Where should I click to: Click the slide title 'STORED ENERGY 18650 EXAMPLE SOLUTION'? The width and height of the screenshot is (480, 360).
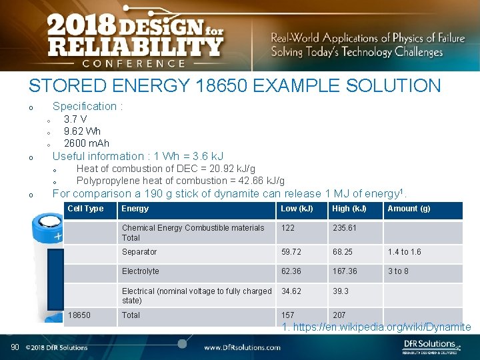pyautogui.click(x=234, y=86)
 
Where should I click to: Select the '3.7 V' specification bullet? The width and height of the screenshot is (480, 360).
pyautogui.click(x=75, y=119)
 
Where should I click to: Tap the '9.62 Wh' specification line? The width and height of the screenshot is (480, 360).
pyautogui.click(x=82, y=131)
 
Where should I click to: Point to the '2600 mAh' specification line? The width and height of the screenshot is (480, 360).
pyautogui.click(x=86, y=143)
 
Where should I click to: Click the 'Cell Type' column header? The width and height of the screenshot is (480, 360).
pyautogui.click(x=85, y=209)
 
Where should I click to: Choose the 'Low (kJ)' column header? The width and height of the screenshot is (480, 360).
pyautogui.click(x=297, y=209)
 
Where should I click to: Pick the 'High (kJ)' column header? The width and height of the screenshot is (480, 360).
pyautogui.click(x=349, y=209)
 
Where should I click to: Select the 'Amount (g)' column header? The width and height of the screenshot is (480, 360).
pyautogui.click(x=409, y=209)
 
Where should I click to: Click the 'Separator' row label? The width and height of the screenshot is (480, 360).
pyautogui.click(x=139, y=252)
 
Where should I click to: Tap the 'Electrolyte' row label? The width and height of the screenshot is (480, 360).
pyautogui.click(x=140, y=271)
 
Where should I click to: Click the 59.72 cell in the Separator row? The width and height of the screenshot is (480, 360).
pyautogui.click(x=292, y=252)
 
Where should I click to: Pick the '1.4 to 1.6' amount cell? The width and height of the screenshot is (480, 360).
pyautogui.click(x=404, y=252)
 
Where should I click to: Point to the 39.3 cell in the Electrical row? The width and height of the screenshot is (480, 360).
pyautogui.click(x=340, y=291)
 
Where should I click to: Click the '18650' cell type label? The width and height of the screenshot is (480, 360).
pyautogui.click(x=79, y=315)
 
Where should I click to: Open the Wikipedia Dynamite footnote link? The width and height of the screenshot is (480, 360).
pyautogui.click(x=376, y=327)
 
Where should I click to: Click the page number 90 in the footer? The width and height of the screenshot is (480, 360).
pyautogui.click(x=14, y=347)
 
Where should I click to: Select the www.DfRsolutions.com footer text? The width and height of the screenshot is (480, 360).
pyautogui.click(x=242, y=347)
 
